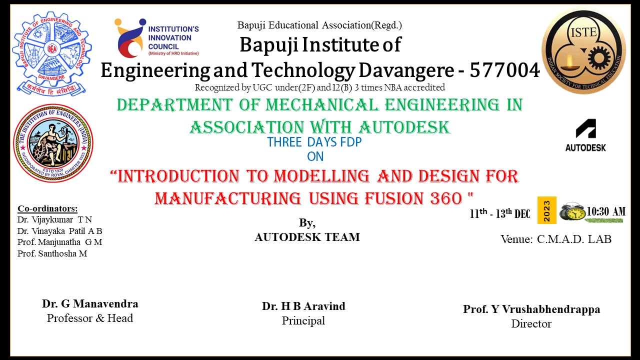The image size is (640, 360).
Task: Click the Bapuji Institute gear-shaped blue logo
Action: [52, 53]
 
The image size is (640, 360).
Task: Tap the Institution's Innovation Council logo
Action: [157, 37]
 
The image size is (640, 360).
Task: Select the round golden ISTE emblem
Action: [583, 51]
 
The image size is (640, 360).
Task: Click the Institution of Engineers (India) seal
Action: [53, 143]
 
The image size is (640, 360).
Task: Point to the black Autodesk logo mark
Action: [585, 128]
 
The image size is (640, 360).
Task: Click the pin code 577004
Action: [505, 70]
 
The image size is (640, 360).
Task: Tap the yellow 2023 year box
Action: [547, 210]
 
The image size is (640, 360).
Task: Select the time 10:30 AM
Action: [606, 211]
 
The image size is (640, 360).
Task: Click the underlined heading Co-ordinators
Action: [47, 208]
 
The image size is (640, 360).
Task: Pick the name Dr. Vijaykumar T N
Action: [54, 219]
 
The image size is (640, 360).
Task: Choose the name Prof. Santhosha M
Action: [52, 253]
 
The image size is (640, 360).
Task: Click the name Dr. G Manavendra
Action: [90, 303]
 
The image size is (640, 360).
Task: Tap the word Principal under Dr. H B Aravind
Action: [303, 321]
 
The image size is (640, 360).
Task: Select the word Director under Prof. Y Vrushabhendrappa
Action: [531, 323]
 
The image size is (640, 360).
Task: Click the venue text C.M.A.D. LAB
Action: [574, 239]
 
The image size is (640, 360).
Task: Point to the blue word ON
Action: [315, 156]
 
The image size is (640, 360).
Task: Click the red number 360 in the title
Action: [446, 198]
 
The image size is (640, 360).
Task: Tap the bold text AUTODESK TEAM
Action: [307, 237]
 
